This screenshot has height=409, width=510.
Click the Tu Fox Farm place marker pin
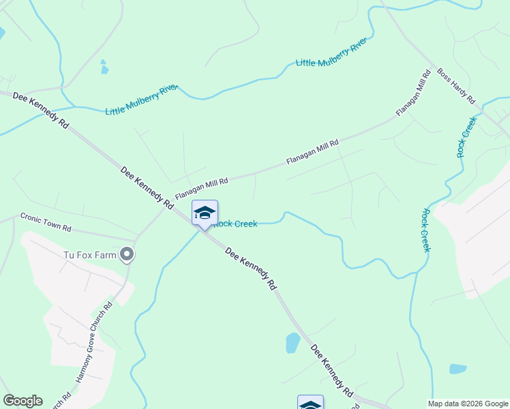127,255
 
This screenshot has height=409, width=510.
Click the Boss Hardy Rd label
456,85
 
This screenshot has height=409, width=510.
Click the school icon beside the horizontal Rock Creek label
205,213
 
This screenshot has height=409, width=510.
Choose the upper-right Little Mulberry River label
331,53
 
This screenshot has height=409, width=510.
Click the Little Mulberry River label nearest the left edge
141,100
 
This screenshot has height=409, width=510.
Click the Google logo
22,401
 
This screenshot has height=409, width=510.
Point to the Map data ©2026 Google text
467,404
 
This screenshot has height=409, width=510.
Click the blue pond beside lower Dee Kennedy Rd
292,342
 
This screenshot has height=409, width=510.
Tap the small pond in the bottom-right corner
457,369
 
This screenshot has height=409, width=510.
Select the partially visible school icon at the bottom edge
310,403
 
